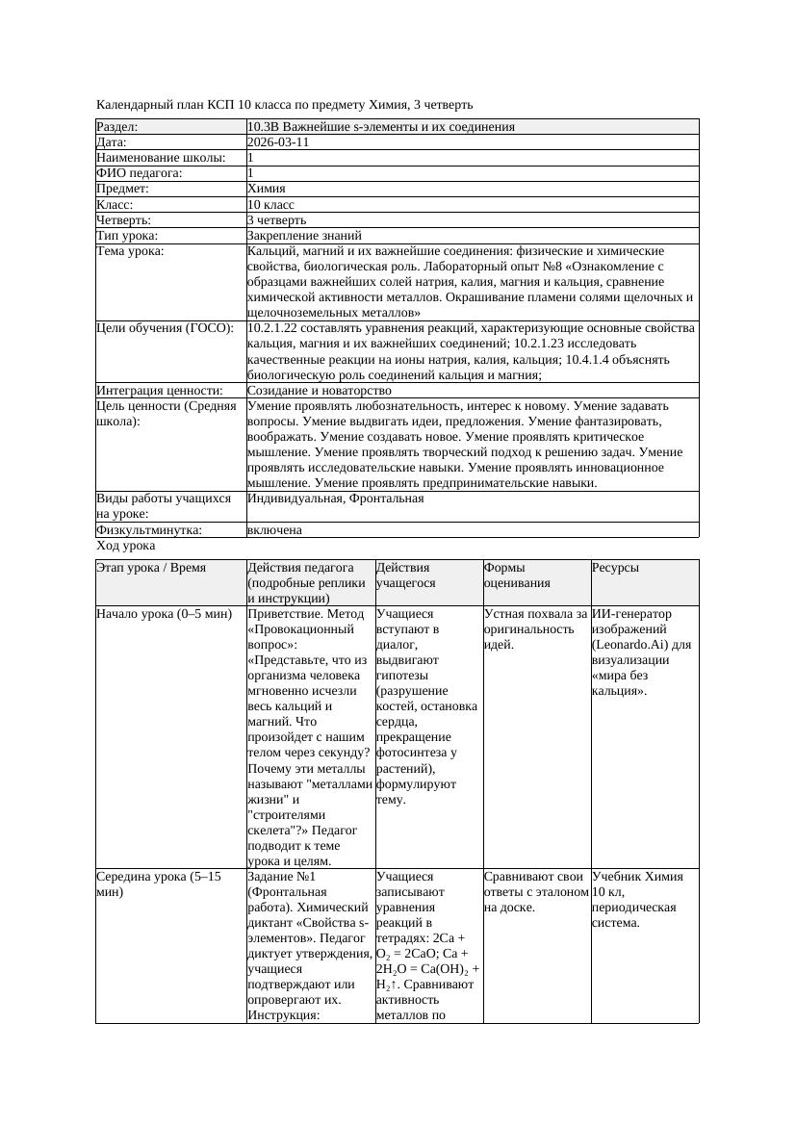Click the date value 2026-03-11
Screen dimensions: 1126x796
pyautogui.click(x=278, y=142)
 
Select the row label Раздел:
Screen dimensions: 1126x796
pyautogui.click(x=117, y=127)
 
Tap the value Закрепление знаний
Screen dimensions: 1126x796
pyautogui.click(x=304, y=236)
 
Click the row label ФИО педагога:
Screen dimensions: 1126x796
pyautogui.click(x=140, y=173)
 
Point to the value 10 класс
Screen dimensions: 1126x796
pyautogui.click(x=270, y=205)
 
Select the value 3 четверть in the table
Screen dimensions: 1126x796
pyautogui.click(x=276, y=220)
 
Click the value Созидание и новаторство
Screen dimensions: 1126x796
pyautogui.click(x=320, y=391)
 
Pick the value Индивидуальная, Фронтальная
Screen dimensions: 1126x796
pyautogui.click(x=335, y=499)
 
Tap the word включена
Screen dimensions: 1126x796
pyautogui.click(x=274, y=530)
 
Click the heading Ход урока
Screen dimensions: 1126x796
pyautogui.click(x=126, y=546)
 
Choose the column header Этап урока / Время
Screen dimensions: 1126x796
pyautogui.click(x=151, y=568)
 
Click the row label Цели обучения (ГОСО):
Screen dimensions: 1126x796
pyautogui.click(x=165, y=329)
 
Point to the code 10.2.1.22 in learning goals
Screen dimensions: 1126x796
pyautogui.click(x=276, y=329)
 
